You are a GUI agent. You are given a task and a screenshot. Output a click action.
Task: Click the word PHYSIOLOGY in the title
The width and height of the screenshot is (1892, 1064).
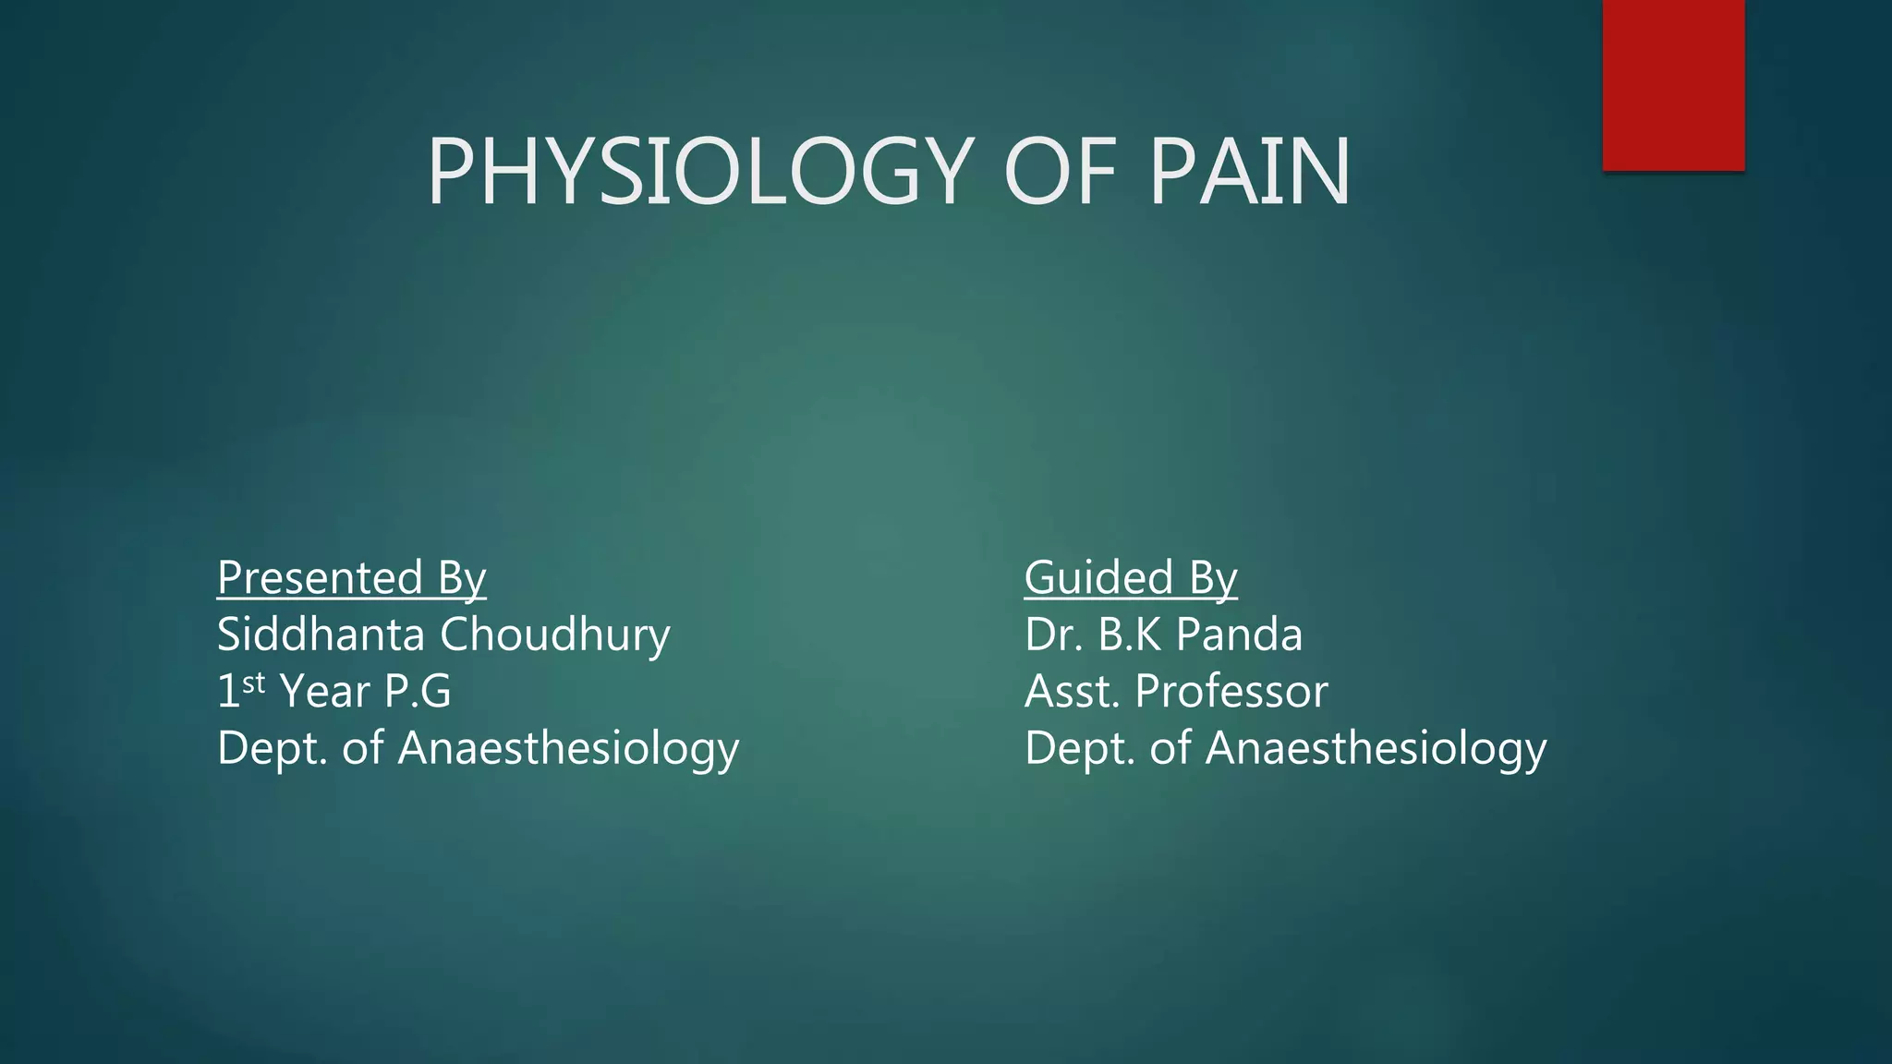(x=699, y=173)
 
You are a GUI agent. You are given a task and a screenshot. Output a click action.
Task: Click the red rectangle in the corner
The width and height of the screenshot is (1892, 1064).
(x=1673, y=85)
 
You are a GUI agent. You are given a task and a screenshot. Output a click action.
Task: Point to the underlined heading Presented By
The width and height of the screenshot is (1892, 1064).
(x=351, y=578)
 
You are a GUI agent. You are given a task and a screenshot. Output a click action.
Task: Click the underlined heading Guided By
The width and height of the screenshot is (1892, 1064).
(x=1130, y=578)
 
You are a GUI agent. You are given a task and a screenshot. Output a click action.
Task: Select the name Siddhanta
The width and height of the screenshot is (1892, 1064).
(x=321, y=635)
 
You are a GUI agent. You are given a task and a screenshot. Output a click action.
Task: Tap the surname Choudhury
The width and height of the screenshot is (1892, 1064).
(x=554, y=635)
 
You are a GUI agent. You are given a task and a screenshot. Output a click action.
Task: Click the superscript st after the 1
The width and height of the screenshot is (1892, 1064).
(x=254, y=683)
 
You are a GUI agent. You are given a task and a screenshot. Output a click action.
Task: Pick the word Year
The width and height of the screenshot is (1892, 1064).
(x=324, y=692)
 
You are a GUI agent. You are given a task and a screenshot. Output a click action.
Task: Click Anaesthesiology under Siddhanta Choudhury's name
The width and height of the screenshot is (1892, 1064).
(x=568, y=749)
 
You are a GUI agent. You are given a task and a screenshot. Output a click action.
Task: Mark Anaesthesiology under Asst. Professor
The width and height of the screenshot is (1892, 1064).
(x=1376, y=749)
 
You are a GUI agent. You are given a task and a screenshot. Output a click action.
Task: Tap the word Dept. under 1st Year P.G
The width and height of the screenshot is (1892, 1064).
(x=273, y=749)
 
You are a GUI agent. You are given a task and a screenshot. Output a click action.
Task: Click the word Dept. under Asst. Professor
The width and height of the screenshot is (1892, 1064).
(x=1080, y=749)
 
